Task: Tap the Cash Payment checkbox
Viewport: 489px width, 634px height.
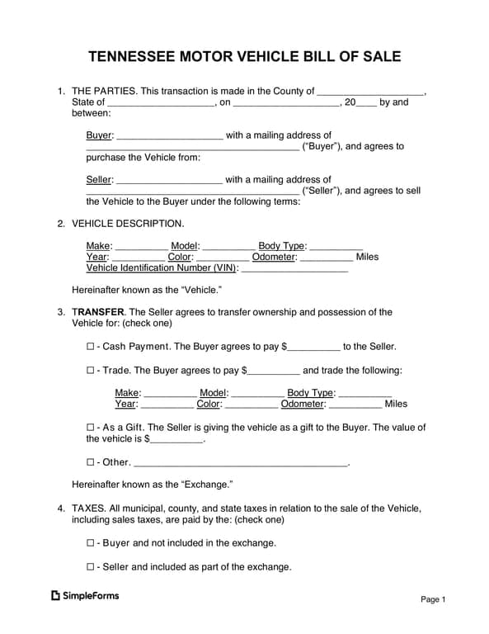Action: (x=91, y=347)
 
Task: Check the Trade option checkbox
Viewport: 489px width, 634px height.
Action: (x=91, y=371)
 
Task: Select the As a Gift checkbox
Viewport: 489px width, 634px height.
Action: (x=91, y=428)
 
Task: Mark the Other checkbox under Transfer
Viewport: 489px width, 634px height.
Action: (x=91, y=462)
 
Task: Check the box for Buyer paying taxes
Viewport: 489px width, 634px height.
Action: (x=91, y=543)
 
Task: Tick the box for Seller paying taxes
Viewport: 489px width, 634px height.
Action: (x=91, y=567)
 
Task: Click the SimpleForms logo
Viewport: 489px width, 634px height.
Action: (x=85, y=595)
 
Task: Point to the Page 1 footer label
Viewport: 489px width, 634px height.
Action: (x=433, y=599)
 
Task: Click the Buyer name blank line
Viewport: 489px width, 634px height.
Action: (x=170, y=136)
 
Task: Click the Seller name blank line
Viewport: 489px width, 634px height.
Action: (x=170, y=180)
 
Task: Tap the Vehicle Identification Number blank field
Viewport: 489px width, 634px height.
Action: (x=294, y=268)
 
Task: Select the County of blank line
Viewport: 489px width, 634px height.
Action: (x=370, y=92)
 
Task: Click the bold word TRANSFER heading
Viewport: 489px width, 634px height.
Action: (x=98, y=312)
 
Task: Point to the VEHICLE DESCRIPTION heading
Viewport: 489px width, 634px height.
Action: (x=128, y=224)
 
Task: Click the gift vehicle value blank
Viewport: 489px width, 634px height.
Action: (x=176, y=440)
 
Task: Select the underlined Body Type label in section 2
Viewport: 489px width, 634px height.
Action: (x=282, y=246)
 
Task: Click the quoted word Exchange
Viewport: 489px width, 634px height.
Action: (x=207, y=485)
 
